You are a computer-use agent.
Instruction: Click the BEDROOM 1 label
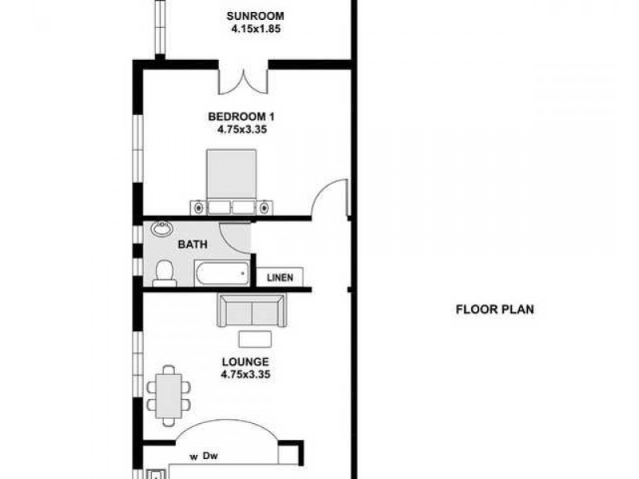pos(240,116)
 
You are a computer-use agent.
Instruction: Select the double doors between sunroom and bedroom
pos(244,80)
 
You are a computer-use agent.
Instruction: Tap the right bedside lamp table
pos(265,208)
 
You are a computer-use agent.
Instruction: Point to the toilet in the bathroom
pos(165,272)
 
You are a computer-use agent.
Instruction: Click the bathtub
pos(220,276)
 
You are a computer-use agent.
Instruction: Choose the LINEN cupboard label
pos(280,278)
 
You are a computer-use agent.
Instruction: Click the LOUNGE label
pos(244,362)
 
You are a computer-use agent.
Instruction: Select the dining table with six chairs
pos(168,394)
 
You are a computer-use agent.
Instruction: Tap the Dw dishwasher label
pos(210,457)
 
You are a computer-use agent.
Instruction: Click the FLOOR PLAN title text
pos(494,310)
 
